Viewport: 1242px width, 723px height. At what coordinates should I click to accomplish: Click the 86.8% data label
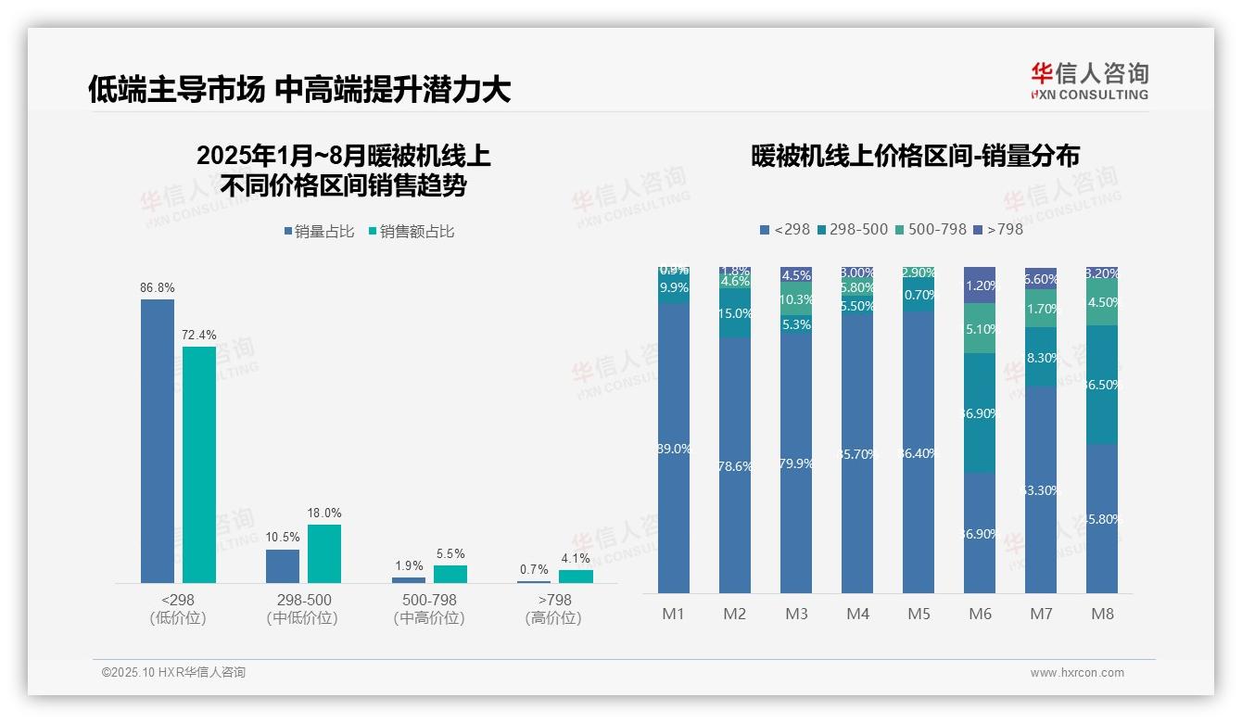pyautogui.click(x=157, y=288)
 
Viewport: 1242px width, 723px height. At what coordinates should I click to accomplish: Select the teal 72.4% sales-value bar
pyautogui.click(x=198, y=463)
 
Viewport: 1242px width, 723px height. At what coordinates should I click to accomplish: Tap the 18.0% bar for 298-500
pyautogui.click(x=324, y=553)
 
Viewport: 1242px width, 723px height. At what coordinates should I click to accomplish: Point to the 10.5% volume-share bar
pyautogui.click(x=283, y=565)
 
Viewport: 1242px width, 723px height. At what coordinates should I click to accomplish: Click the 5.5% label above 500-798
pyautogui.click(x=450, y=554)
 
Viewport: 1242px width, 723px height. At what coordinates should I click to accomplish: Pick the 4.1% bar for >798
pyautogui.click(x=576, y=576)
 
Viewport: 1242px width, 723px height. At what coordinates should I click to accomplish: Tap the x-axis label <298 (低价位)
pyautogui.click(x=177, y=609)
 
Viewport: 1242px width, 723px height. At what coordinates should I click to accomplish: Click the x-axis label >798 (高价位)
pyautogui.click(x=553, y=609)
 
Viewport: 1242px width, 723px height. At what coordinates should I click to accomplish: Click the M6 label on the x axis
pyautogui.click(x=980, y=614)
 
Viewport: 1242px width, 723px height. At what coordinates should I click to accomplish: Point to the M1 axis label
pyautogui.click(x=673, y=614)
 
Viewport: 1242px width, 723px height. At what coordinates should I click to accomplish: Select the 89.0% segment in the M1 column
pyautogui.click(x=674, y=448)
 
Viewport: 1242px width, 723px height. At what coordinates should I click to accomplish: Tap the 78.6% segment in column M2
pyautogui.click(x=735, y=465)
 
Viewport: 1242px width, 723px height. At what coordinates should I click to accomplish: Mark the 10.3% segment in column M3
pyautogui.click(x=796, y=299)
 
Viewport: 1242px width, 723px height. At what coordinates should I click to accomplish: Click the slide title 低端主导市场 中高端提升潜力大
pyautogui.click(x=299, y=90)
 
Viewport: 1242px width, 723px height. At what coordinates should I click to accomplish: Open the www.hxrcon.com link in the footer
pyautogui.click(x=1076, y=673)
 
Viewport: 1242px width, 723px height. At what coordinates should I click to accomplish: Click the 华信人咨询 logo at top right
pyautogui.click(x=1089, y=81)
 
